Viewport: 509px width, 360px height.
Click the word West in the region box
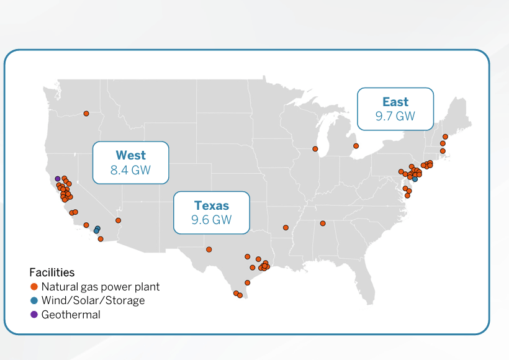tap(130, 155)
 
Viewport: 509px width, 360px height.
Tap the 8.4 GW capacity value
tap(130, 169)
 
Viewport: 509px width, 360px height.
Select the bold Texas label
tap(211, 205)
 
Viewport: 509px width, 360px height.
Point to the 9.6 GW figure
tap(211, 220)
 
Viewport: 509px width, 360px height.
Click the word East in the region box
tap(395, 102)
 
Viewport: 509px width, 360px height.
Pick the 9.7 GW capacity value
tap(395, 116)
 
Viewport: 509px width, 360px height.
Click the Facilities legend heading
tap(52, 272)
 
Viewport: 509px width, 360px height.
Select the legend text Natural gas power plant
tap(101, 287)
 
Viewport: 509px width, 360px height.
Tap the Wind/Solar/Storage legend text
tap(93, 300)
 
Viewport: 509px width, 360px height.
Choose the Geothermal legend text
tap(71, 315)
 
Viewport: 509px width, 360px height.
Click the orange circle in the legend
tap(34, 287)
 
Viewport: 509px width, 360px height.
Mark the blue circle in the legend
tap(34, 300)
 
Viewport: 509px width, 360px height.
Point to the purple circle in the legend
tap(34, 315)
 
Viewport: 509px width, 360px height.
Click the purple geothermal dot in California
tap(57, 179)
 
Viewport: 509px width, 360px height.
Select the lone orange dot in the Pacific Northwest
tap(86, 113)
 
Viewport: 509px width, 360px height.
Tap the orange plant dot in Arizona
tap(118, 220)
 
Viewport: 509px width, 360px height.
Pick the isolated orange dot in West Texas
tap(209, 250)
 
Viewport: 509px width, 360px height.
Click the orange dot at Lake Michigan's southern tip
tap(315, 149)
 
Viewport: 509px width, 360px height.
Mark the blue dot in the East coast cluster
tap(415, 179)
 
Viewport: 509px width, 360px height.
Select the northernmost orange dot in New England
tap(445, 137)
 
